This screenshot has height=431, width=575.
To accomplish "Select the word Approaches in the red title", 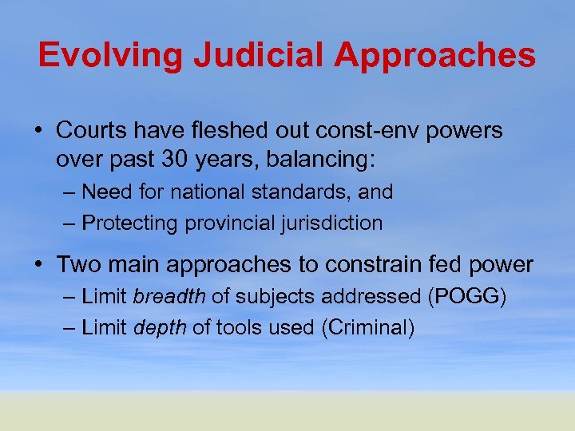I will coord(435,55).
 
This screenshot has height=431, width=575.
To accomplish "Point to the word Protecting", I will coord(131,223).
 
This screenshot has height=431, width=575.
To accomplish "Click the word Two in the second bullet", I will coord(76,264).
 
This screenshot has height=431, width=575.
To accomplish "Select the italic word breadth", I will coord(169,298).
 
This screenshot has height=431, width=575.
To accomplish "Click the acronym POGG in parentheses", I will coord(467,298).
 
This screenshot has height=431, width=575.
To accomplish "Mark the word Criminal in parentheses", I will coord(368,327).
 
